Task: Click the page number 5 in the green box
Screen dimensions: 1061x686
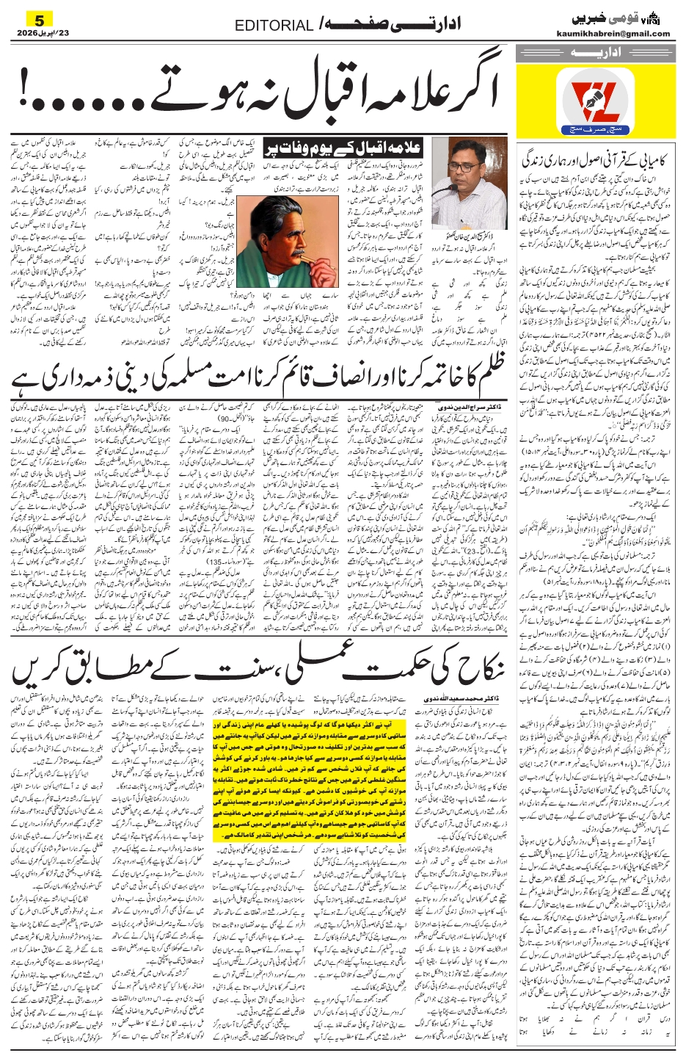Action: pos(39,17)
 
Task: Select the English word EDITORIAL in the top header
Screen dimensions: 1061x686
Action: pos(274,26)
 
